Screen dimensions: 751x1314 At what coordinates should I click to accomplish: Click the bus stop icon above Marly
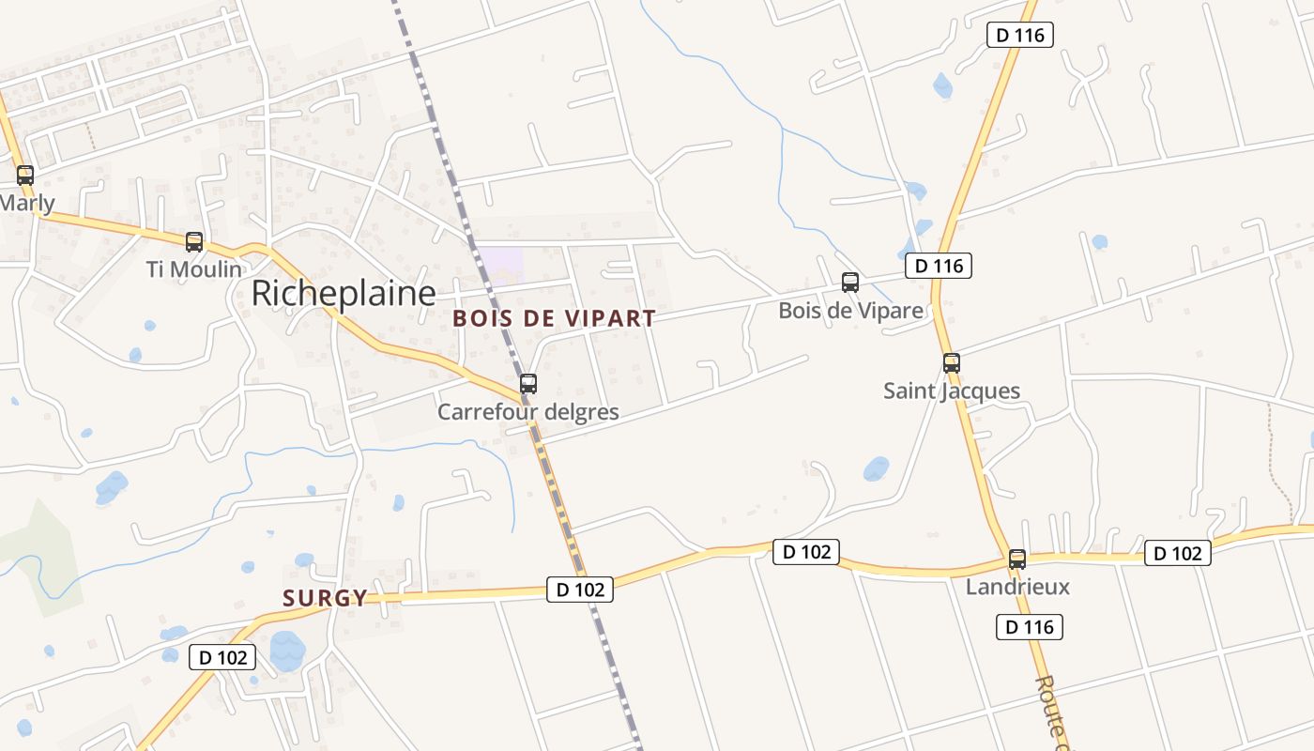[x=25, y=175]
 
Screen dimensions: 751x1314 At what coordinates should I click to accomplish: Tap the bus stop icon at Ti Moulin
[x=194, y=241]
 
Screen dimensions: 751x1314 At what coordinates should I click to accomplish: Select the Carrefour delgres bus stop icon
[x=528, y=383]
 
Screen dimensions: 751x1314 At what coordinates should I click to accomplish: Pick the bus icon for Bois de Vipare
[x=850, y=282]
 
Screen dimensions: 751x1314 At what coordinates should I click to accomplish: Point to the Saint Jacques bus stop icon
[x=952, y=362]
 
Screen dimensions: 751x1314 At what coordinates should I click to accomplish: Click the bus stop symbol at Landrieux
[x=1017, y=559]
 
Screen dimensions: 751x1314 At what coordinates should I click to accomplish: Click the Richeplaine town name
[x=343, y=294]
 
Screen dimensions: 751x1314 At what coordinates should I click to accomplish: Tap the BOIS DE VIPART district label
[x=554, y=318]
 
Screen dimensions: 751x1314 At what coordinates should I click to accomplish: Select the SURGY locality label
[x=325, y=598]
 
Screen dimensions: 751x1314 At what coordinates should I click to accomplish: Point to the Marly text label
[x=26, y=203]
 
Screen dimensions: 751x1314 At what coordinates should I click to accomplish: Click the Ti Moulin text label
[x=194, y=269]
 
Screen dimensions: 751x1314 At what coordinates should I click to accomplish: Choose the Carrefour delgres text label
[x=528, y=412]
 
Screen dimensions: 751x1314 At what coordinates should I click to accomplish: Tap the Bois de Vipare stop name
[x=850, y=310]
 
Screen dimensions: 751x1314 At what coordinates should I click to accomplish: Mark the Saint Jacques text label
[x=952, y=391]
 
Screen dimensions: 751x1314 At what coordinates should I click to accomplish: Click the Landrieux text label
[x=1017, y=588]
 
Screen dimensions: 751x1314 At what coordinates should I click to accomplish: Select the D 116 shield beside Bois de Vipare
[x=939, y=266]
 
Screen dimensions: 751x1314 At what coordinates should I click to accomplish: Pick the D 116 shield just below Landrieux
[x=1030, y=627]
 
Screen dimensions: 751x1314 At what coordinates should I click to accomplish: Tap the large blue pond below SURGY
[x=287, y=650]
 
